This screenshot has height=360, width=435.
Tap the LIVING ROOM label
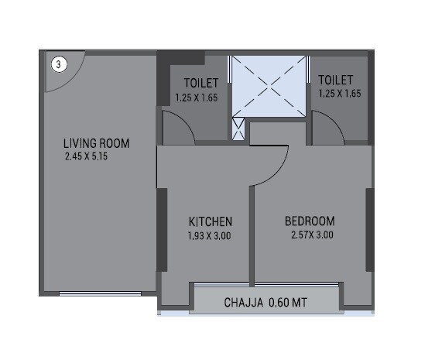click(96, 143)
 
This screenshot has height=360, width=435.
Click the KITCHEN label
click(210, 221)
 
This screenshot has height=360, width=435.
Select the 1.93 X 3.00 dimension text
click(209, 235)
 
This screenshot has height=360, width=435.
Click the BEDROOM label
click(309, 221)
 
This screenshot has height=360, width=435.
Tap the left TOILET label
click(201, 83)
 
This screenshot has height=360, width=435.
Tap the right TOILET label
click(336, 80)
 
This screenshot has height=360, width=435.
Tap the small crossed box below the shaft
click(239, 129)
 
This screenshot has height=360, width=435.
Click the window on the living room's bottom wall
click(100, 293)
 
